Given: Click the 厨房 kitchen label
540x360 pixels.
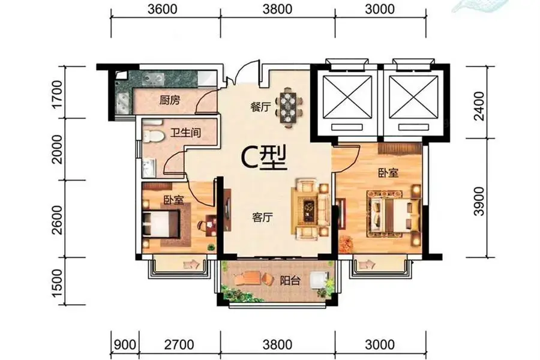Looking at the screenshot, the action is pos(169,101).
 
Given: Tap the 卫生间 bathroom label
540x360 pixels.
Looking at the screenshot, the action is pos(185,133).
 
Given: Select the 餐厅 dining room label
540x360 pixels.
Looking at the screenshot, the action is pos(260,107).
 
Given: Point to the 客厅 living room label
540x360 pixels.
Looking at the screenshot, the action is pos(262,217).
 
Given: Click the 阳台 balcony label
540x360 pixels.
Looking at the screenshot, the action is pos(290,281).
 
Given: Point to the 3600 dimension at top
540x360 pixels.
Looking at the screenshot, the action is pos(163,9).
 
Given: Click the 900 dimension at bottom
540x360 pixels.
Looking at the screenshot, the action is pos(125,344).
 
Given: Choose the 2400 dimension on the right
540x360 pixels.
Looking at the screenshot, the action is pos(479,106).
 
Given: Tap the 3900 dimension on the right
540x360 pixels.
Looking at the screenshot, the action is pos(479,202).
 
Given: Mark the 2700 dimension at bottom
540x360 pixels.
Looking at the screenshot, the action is pos(179,344).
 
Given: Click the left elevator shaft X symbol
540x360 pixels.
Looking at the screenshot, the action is pos(347,97).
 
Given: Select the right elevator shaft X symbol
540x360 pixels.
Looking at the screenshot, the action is pos(414,97).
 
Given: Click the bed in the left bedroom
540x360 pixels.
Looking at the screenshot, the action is pos(161,224).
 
